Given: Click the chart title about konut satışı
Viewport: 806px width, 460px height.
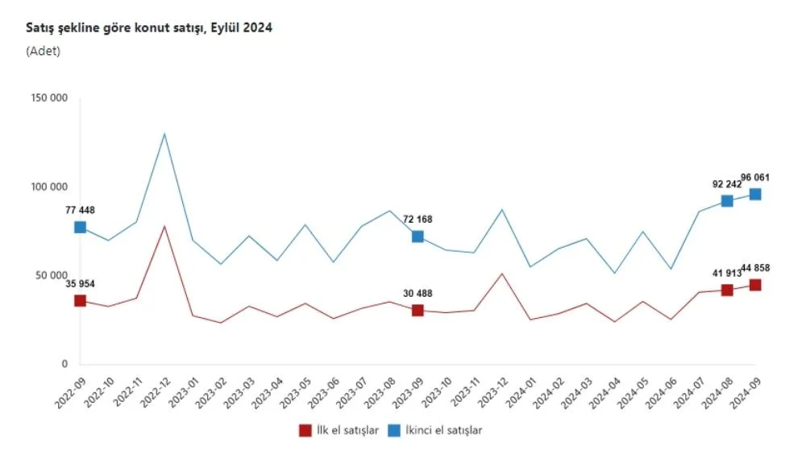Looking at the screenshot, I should click(x=149, y=27).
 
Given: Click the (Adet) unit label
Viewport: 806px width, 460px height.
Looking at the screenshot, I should click(x=43, y=51).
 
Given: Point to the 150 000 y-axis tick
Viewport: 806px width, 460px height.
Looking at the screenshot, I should click(x=51, y=98).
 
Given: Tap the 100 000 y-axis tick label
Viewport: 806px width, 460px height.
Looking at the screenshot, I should click(x=51, y=187).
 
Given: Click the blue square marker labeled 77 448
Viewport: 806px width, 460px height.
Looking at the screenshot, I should click(x=80, y=228).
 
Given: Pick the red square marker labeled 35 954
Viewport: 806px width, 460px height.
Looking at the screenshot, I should click(x=80, y=301).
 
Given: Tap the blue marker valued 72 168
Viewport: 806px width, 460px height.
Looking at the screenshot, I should click(x=418, y=236).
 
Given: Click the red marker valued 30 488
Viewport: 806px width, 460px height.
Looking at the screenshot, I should click(x=418, y=311).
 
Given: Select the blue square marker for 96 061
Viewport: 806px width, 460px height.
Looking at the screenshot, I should click(x=755, y=194).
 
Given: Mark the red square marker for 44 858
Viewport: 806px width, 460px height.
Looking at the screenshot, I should click(x=755, y=285).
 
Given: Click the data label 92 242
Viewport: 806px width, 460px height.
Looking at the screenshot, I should click(x=726, y=183).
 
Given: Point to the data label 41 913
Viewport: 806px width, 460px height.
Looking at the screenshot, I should click(x=726, y=274).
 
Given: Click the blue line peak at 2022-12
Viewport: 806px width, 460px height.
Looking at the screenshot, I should click(x=164, y=133).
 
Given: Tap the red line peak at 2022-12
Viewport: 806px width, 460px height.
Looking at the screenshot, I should click(x=164, y=226).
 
